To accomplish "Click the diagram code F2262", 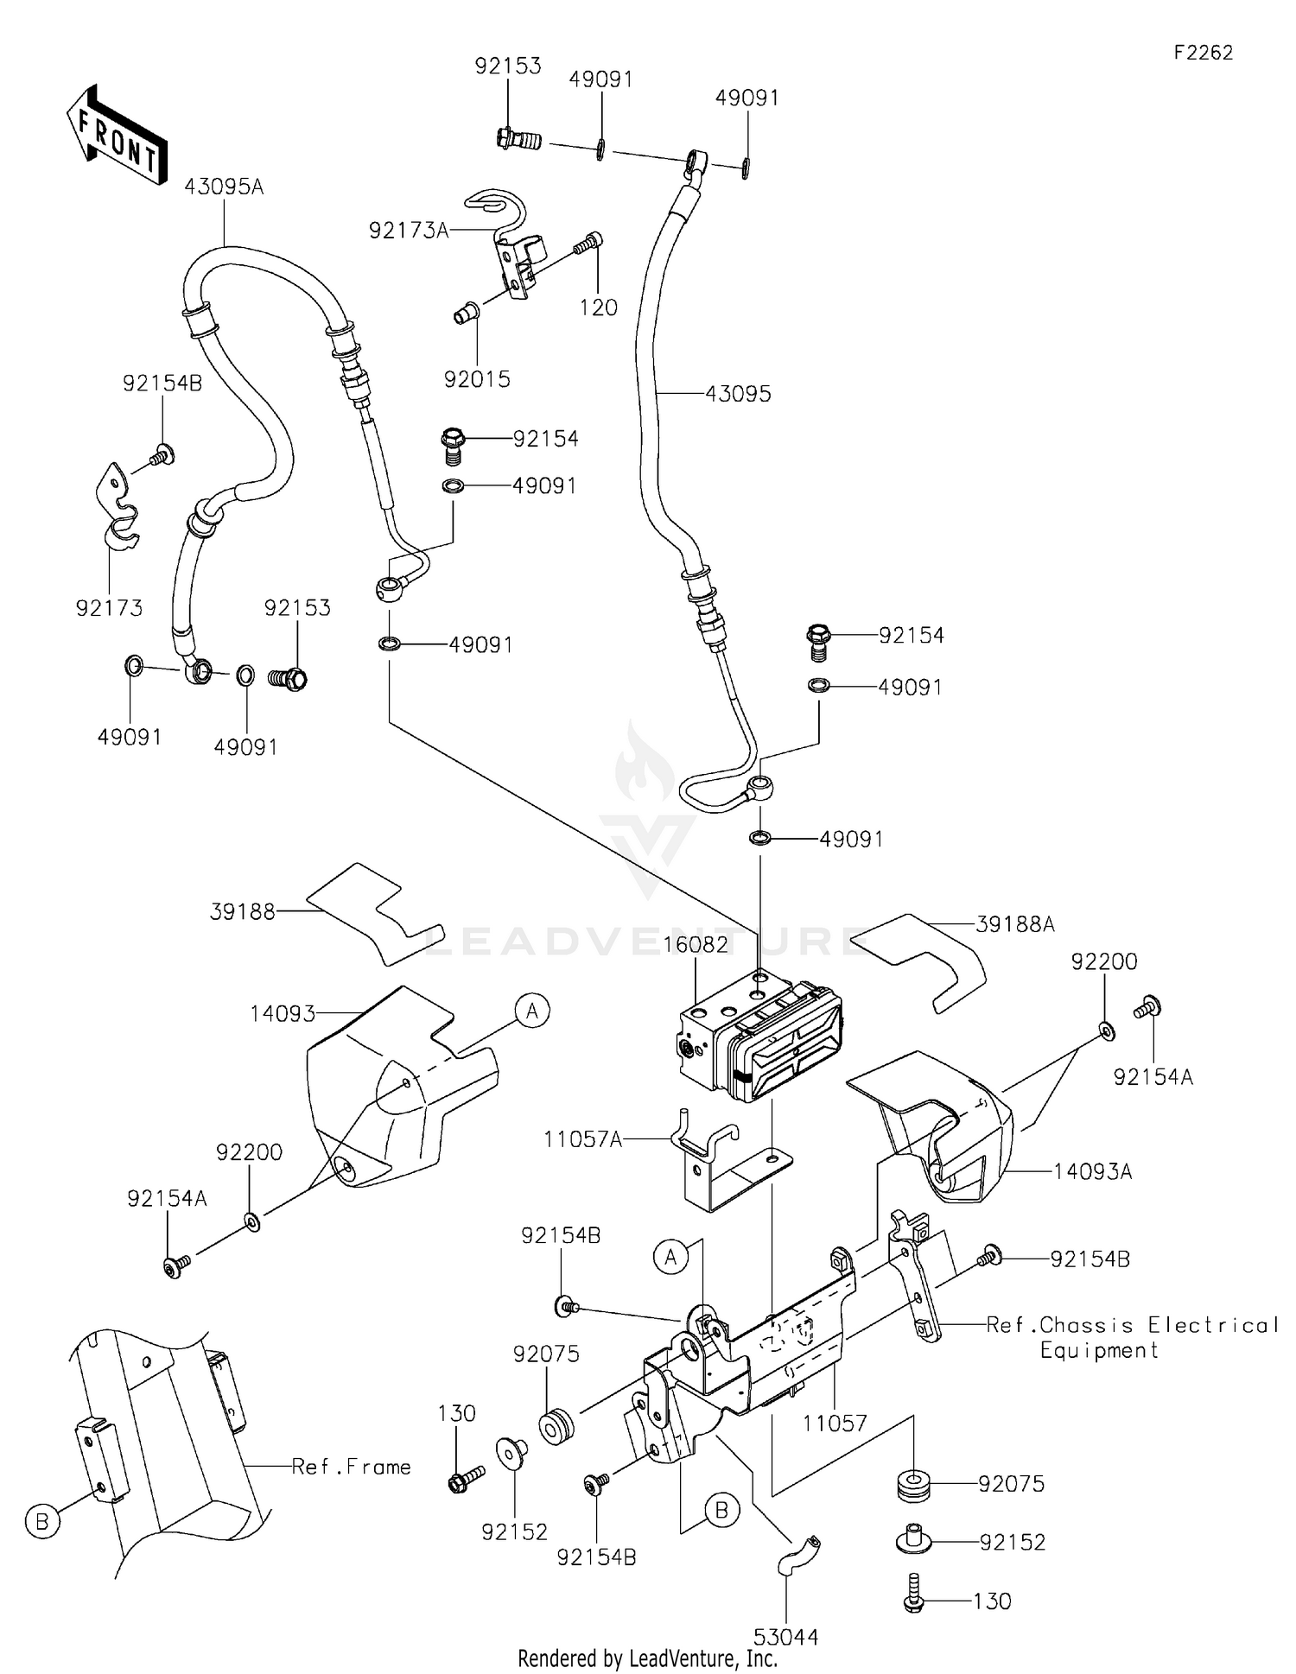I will pyautogui.click(x=1203, y=53).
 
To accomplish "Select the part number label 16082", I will pyautogui.click(x=696, y=945).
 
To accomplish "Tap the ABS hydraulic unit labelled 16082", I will pyautogui.click(x=760, y=1041).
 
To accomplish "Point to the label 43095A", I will pyautogui.click(x=224, y=187).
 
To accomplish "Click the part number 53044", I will pyautogui.click(x=785, y=1637).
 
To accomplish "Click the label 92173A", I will pyautogui.click(x=409, y=231).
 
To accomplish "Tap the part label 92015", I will pyautogui.click(x=477, y=379).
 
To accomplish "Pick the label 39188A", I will pyautogui.click(x=1015, y=924).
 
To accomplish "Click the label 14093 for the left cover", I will pyautogui.click(x=283, y=1013).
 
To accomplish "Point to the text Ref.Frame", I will pyautogui.click(x=351, y=1467).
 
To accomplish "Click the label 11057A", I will pyautogui.click(x=582, y=1139).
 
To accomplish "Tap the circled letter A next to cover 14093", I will pyautogui.click(x=532, y=1010).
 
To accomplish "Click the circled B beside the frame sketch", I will pyautogui.click(x=42, y=1521).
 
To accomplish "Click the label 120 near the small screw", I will pyautogui.click(x=599, y=308).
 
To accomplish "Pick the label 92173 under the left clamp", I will pyautogui.click(x=109, y=608).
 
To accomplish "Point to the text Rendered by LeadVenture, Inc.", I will pyautogui.click(x=647, y=1658).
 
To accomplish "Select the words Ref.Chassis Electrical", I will pyautogui.click(x=1132, y=1325).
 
